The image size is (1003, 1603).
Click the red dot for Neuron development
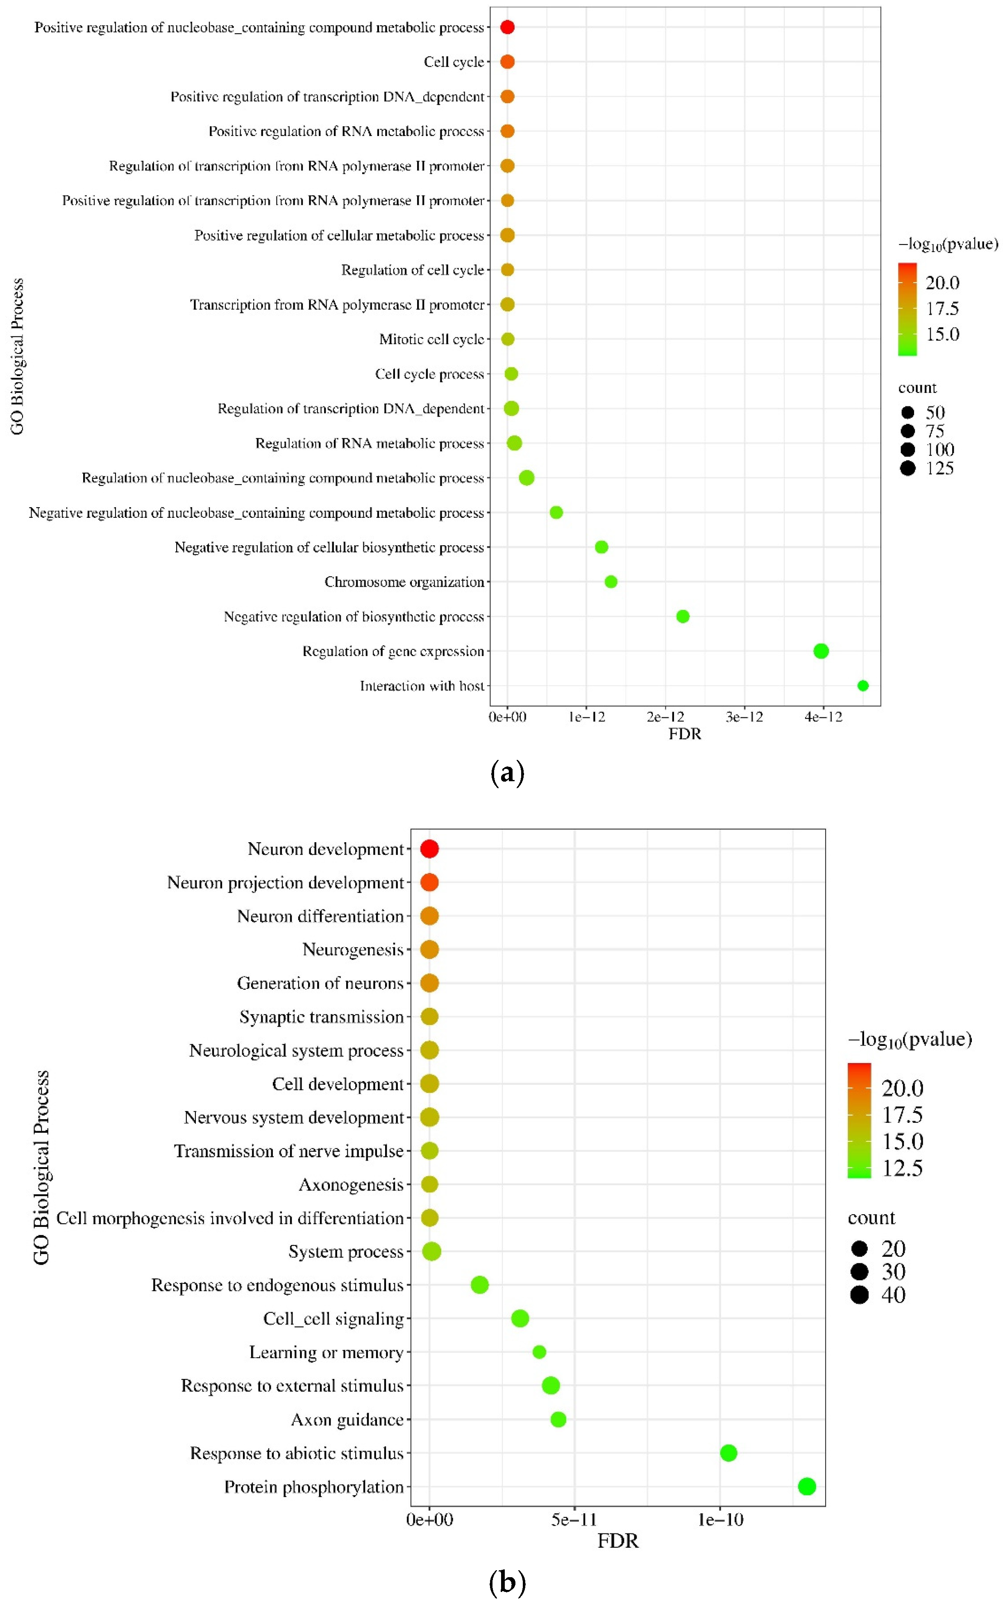pos(429,848)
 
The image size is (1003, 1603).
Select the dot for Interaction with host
pos(862,686)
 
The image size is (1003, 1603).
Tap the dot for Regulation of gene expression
pos(821,651)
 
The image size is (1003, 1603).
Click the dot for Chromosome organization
pos(611,582)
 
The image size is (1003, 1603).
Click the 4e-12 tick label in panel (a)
pos(823,717)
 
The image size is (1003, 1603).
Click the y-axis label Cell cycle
pos(454,62)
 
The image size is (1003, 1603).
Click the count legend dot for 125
pos(908,468)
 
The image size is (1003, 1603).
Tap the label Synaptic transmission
pos(321,1017)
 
